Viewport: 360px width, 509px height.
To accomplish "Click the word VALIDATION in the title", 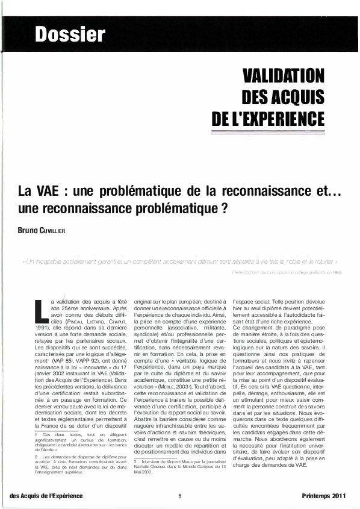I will [x=283, y=76].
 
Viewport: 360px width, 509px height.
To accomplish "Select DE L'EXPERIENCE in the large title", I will [x=268, y=117].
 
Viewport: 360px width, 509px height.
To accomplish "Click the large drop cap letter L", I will [x=40, y=307].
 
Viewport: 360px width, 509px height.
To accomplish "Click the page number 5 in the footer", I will [x=180, y=496].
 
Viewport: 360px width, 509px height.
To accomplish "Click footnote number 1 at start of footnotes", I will [x=36, y=434].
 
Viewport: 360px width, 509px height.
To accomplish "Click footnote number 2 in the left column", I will [x=36, y=456].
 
